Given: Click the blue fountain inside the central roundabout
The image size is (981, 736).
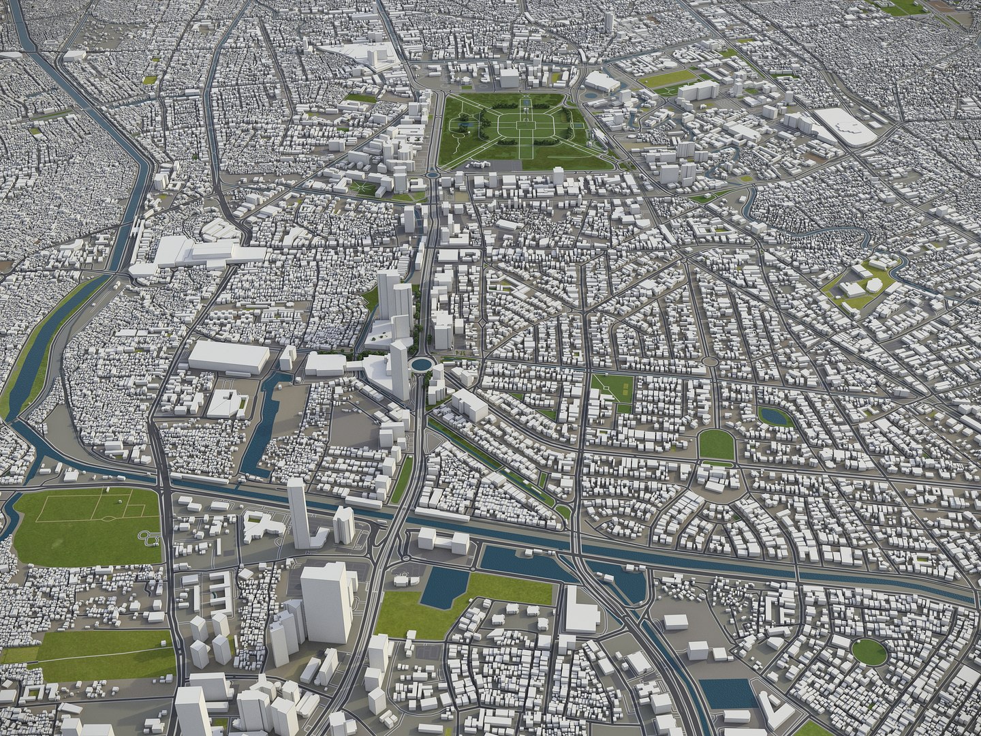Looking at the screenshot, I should pyautogui.click(x=420, y=365).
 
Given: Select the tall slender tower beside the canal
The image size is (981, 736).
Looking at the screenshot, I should pyautogui.click(x=298, y=512).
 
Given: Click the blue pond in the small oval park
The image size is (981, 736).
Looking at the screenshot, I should pyautogui.click(x=775, y=415).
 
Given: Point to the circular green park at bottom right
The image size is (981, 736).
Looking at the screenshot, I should pyautogui.click(x=869, y=652).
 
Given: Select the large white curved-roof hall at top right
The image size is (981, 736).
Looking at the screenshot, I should pyautogui.click(x=846, y=127).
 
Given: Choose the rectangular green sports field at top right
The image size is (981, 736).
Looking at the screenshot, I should pyautogui.click(x=668, y=79).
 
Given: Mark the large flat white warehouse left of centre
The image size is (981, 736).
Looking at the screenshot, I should pyautogui.click(x=228, y=357).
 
